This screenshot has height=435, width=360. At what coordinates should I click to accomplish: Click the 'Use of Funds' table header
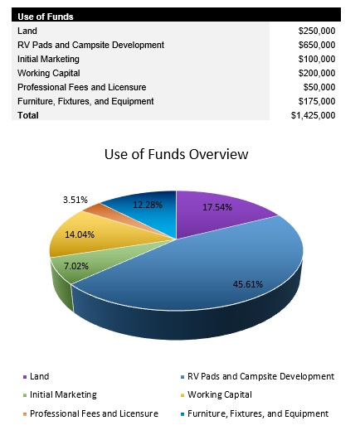(45, 17)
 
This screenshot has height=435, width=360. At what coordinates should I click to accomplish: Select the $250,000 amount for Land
(316, 31)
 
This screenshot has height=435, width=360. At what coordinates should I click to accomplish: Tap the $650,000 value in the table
(316, 45)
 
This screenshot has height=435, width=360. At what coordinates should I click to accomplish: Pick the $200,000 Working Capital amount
(316, 73)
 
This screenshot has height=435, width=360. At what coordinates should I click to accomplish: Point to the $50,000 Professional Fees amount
(319, 87)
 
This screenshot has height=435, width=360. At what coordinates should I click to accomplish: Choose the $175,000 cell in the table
(316, 101)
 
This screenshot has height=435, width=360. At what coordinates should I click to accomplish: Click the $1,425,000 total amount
(313, 115)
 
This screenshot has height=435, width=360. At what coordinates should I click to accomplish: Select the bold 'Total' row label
(28, 115)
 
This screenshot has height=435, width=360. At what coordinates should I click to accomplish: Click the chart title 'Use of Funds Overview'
(176, 155)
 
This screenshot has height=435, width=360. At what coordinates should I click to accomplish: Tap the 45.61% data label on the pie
(247, 284)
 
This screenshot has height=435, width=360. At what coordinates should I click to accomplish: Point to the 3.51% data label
(76, 200)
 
